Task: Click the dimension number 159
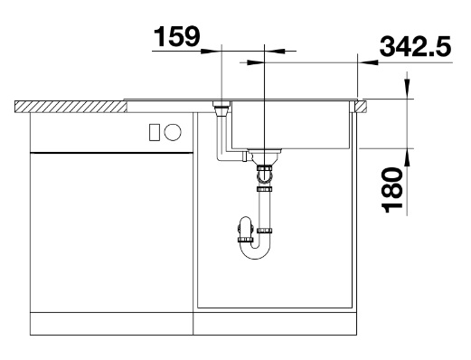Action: pos(176,36)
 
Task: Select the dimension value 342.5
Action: pos(416,46)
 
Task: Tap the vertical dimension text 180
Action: pos(392,190)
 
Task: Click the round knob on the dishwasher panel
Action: pos(173,132)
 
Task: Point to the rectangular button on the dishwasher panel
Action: pos(155,132)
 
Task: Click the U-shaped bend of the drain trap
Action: pos(256,251)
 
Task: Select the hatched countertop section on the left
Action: pos(71,107)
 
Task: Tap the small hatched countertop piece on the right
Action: pos(361,107)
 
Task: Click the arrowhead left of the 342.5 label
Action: pos(368,62)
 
